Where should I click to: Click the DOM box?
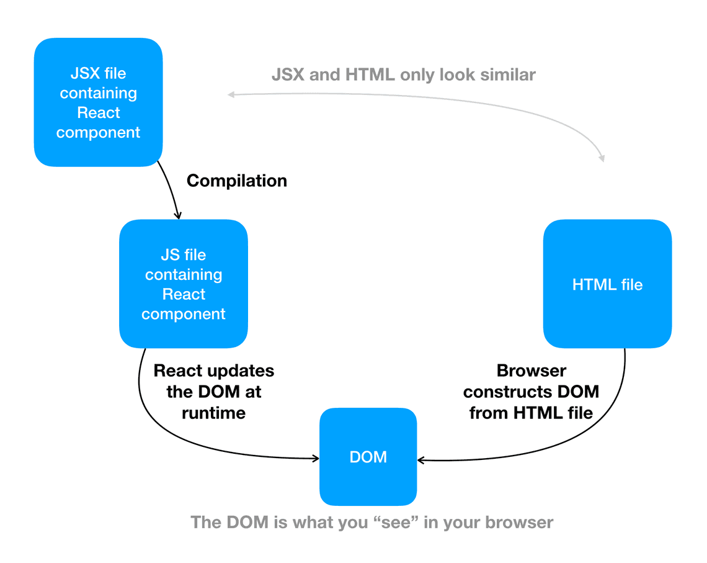pyautogui.click(x=368, y=456)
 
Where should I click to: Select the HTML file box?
pyautogui.click(x=607, y=284)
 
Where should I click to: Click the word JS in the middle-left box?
pyautogui.click(x=170, y=255)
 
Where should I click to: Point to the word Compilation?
pyautogui.click(x=237, y=181)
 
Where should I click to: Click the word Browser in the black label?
pyautogui.click(x=531, y=371)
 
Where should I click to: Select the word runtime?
pyautogui.click(x=214, y=413)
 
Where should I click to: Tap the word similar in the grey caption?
pyautogui.click(x=508, y=74)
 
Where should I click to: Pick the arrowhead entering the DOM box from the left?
pyautogui.click(x=316, y=458)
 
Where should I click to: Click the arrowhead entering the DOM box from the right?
pyautogui.click(x=420, y=460)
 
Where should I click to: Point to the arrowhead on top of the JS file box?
pyautogui.click(x=178, y=215)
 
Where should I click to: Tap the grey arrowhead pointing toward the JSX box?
pyautogui.click(x=231, y=94)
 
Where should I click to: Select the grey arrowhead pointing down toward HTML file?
pyautogui.click(x=602, y=158)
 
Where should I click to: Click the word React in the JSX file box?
pyautogui.click(x=98, y=112)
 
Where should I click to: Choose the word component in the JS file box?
pyautogui.click(x=183, y=314)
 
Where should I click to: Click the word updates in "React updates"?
pyautogui.click(x=240, y=371)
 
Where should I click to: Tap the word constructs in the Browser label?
pyautogui.click(x=508, y=392)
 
